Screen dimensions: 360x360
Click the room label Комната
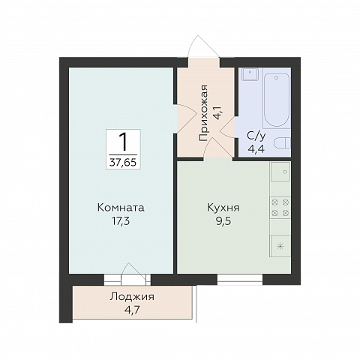121,208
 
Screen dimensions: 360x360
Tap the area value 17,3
121,221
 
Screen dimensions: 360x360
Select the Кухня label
223,208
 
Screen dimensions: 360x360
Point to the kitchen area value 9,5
223,221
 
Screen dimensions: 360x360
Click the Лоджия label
132,297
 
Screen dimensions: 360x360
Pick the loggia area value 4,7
132,310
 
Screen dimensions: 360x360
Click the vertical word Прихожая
203,113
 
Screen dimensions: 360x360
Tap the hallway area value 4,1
217,113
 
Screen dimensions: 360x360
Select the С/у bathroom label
256,136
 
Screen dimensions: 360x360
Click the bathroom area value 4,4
256,149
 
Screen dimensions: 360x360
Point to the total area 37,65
123,163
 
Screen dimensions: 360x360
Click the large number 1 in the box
123,142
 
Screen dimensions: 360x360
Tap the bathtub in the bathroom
277,100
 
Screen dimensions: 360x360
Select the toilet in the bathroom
282,144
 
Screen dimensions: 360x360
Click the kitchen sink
280,172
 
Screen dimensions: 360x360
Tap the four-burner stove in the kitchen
280,208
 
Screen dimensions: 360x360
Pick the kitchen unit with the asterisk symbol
280,246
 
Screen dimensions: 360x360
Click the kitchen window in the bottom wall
240,280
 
